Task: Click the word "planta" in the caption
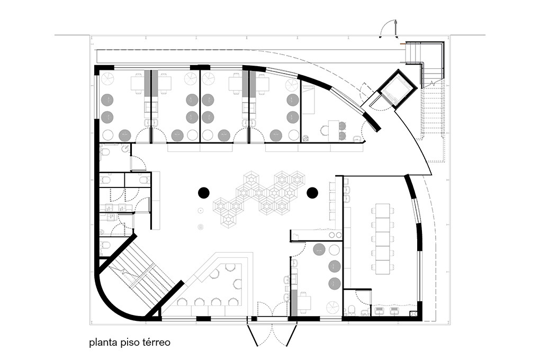(x=103, y=343)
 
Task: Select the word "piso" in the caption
(x=130, y=343)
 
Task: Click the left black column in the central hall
(x=203, y=192)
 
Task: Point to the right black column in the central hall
(x=312, y=192)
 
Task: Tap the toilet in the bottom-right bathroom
(x=352, y=310)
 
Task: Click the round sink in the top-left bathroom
(x=125, y=149)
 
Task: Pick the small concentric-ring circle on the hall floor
(x=201, y=227)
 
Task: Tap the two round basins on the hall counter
(x=335, y=235)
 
